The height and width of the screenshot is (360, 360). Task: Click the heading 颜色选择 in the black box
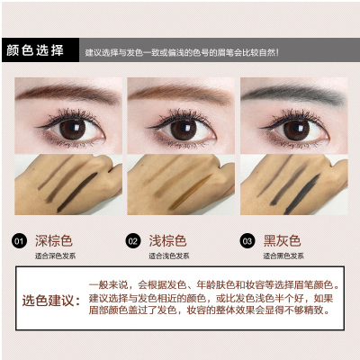pyautogui.click(x=35, y=50)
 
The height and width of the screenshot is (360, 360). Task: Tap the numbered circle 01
pyautogui.click(x=19, y=241)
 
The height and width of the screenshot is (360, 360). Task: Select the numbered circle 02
pyautogui.click(x=133, y=241)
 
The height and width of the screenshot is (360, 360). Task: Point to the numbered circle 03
pyautogui.click(x=247, y=241)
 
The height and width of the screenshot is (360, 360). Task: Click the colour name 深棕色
pyautogui.click(x=54, y=241)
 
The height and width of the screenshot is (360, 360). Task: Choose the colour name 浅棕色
pyautogui.click(x=167, y=241)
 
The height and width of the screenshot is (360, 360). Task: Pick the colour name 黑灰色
pyautogui.click(x=282, y=241)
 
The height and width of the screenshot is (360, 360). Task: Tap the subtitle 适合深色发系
pyautogui.click(x=55, y=256)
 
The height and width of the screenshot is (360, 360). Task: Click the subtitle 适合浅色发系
pyautogui.click(x=169, y=256)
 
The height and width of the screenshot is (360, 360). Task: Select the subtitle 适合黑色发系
pyautogui.click(x=283, y=256)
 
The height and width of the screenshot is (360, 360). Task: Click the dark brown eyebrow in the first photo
pyautogui.click(x=67, y=93)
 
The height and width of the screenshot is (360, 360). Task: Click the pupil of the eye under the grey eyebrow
pyautogui.click(x=296, y=130)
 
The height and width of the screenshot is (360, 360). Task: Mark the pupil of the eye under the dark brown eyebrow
pyautogui.click(x=72, y=130)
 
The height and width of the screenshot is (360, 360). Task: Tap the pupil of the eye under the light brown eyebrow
pyautogui.click(x=184, y=130)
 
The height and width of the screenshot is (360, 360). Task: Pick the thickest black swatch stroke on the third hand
pyautogui.click(x=301, y=193)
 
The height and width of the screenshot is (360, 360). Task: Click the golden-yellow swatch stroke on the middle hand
pyautogui.click(x=190, y=192)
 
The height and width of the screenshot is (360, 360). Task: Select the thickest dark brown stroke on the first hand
pyautogui.click(x=76, y=193)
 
